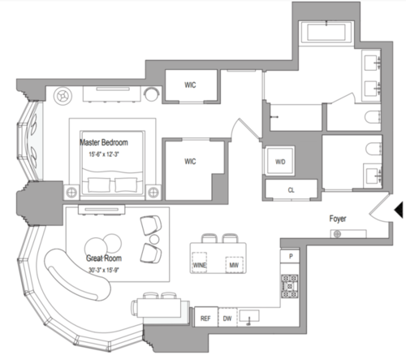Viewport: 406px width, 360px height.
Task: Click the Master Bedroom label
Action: (104, 142)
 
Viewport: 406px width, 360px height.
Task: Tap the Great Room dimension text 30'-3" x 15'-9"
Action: (104, 270)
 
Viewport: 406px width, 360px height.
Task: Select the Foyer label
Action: (338, 219)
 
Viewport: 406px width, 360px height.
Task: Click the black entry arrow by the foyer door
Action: (399, 210)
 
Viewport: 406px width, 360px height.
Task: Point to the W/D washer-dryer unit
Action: (280, 162)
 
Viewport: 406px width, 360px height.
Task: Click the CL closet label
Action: (291, 190)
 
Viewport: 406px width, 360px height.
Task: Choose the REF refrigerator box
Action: (206, 317)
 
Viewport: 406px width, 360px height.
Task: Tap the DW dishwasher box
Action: (227, 317)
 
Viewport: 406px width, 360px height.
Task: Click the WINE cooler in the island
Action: (200, 262)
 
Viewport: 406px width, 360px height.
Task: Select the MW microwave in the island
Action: (234, 264)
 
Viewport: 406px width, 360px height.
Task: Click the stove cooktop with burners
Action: (290, 286)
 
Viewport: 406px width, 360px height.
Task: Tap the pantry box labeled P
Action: (290, 256)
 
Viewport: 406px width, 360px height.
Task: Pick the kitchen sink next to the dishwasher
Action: (249, 316)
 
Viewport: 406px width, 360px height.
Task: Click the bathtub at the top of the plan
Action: (326, 33)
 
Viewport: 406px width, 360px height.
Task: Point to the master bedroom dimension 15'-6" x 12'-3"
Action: (104, 154)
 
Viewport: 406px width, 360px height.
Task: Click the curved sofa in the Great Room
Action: (77, 274)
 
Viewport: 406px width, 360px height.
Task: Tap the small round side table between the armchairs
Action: (154, 239)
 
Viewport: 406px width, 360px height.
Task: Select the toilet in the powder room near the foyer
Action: (373, 149)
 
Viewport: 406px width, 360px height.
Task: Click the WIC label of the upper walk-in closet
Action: (190, 85)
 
